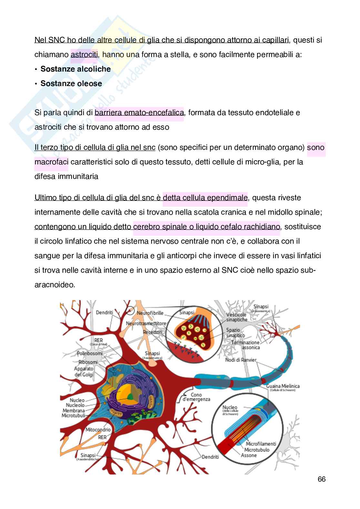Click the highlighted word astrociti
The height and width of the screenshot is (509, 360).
click(84, 54)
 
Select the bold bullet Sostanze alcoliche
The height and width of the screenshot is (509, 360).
click(75, 69)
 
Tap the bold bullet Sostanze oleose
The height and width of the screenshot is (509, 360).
click(71, 83)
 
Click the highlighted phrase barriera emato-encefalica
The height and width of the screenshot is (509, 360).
click(139, 113)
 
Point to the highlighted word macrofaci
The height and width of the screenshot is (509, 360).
click(51, 162)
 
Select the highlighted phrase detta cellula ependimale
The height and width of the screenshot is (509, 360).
click(205, 198)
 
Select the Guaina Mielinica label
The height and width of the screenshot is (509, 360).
click(283, 386)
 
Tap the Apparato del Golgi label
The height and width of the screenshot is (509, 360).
click(84, 371)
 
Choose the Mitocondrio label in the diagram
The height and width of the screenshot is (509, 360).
click(98, 430)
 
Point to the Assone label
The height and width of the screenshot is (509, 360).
click(249, 455)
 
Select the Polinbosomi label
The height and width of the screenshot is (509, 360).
click(90, 354)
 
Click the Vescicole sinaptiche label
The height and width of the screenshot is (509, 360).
click(237, 317)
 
